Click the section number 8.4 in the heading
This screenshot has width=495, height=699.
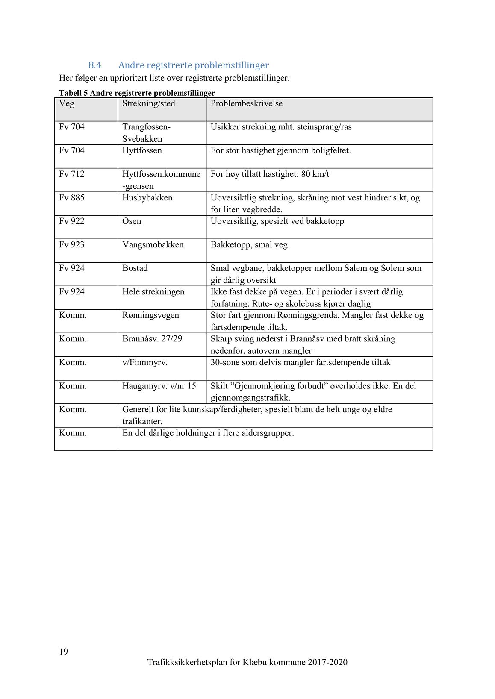(x=94, y=65)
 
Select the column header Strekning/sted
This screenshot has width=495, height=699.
(x=148, y=103)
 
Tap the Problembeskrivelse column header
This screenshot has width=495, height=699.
(x=246, y=103)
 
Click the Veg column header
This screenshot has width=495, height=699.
(x=66, y=103)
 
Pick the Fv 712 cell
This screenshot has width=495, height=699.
(x=71, y=174)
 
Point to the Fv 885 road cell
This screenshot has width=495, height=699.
(x=71, y=198)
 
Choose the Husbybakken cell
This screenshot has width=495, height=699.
(x=147, y=198)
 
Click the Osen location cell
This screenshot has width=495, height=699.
(x=131, y=221)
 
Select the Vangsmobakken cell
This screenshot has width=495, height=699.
(x=153, y=245)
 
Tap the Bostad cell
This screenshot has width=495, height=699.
(x=135, y=268)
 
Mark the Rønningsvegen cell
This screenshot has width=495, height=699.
(x=150, y=315)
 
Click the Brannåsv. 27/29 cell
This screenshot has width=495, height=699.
(x=152, y=339)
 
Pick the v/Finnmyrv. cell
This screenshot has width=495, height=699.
(x=144, y=362)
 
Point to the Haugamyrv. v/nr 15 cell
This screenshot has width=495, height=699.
(x=159, y=386)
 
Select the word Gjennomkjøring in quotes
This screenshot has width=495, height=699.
(x=271, y=386)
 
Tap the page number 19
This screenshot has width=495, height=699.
(x=63, y=652)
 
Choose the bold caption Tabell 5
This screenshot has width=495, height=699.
(x=73, y=93)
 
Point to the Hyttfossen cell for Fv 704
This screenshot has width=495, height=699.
(x=142, y=151)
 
